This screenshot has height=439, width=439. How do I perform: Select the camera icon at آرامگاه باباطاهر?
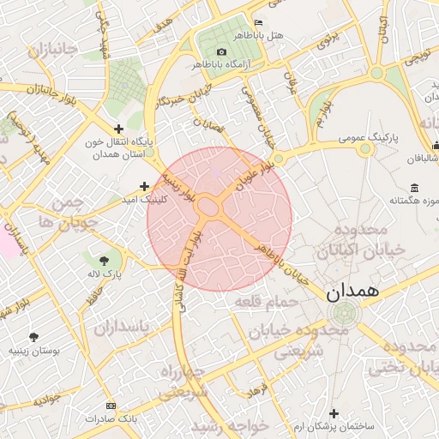[221, 51]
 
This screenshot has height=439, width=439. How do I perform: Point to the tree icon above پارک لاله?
[105, 259]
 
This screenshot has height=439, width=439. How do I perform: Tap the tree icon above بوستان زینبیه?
[33, 337]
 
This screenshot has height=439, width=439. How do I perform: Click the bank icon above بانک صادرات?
[111, 405]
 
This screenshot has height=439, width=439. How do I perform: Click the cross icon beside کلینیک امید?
[144, 186]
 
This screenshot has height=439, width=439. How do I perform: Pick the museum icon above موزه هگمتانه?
[414, 188]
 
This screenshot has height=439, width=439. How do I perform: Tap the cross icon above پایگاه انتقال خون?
[119, 128]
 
